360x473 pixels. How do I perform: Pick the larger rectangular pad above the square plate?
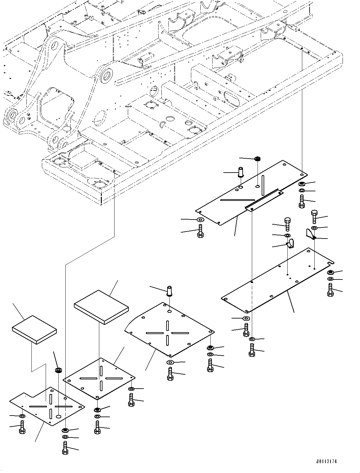pos(101,306)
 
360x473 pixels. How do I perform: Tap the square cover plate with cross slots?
pos(99,378)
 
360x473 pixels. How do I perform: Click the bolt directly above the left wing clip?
pos(287,224)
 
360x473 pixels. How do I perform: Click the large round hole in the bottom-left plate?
pos(59,416)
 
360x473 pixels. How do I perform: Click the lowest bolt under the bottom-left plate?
pos(65,449)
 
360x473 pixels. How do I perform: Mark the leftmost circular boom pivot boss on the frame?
pos(11,115)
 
